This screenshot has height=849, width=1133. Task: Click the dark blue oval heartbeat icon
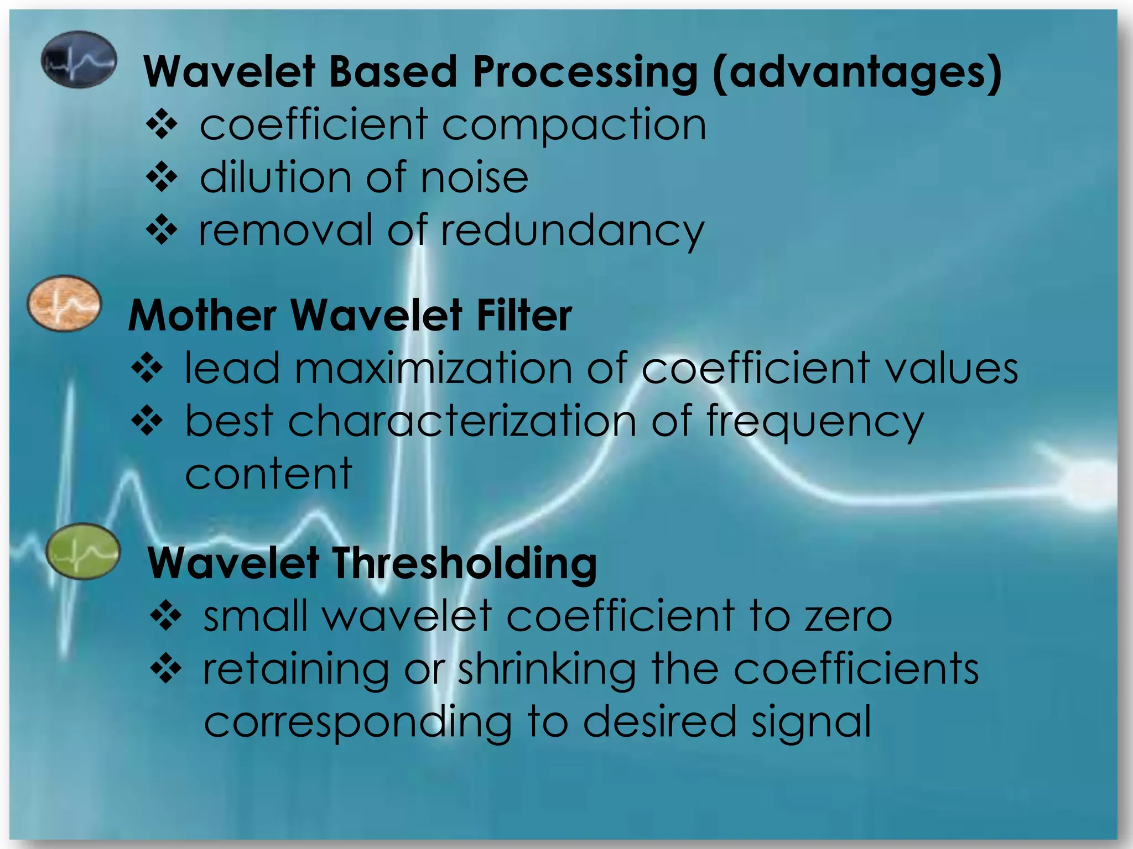(79, 59)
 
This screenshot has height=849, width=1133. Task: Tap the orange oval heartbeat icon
(65, 303)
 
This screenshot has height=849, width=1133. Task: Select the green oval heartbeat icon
(83, 551)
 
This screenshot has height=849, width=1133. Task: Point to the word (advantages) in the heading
(857, 72)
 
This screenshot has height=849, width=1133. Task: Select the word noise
(474, 178)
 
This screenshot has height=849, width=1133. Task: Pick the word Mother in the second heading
(202, 315)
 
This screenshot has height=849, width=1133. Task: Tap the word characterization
(462, 421)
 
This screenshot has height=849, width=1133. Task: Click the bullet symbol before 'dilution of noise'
(162, 177)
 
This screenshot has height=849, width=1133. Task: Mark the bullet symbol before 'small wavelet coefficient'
(165, 616)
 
